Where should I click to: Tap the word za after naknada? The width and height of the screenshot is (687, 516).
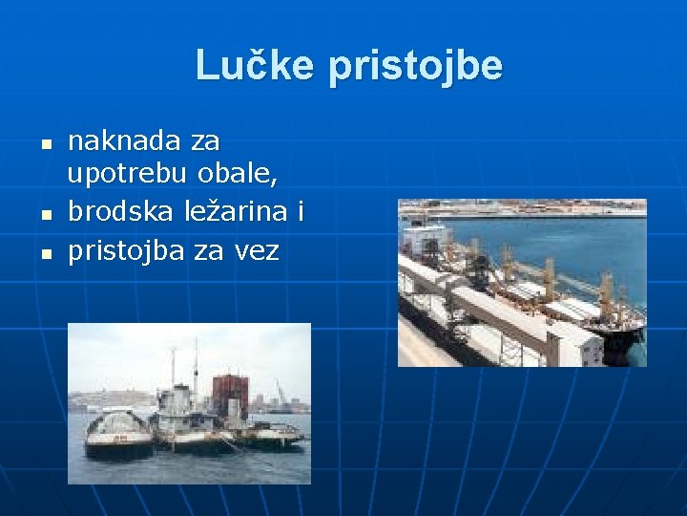tap(205, 141)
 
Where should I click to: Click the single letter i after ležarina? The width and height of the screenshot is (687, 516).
tap(300, 212)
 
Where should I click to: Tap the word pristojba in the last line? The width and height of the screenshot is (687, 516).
tap(128, 250)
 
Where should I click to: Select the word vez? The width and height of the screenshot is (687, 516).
tap(257, 250)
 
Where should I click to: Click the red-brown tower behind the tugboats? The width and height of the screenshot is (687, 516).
tap(230, 393)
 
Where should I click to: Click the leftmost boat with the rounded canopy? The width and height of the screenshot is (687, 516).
tap(118, 435)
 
